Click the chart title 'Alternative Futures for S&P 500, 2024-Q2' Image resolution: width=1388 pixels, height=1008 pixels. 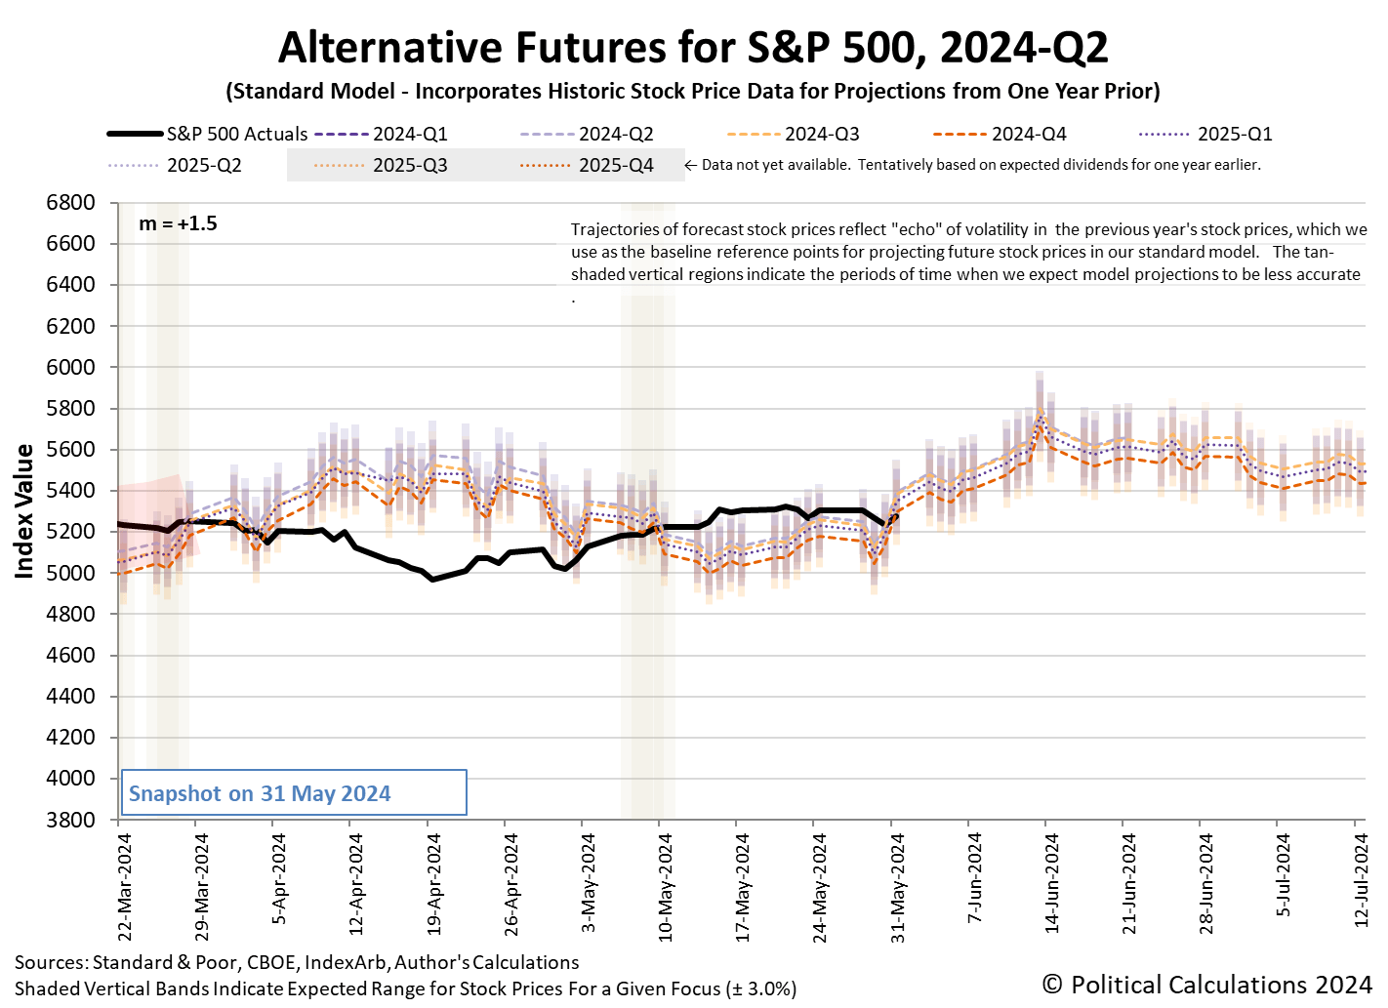click(693, 48)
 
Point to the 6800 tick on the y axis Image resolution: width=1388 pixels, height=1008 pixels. click(70, 203)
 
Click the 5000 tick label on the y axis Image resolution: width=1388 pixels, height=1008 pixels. click(70, 573)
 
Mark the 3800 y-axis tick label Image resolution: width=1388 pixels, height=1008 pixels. click(70, 820)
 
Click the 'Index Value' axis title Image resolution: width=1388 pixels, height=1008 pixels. click(24, 511)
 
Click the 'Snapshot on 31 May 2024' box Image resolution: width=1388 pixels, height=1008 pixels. click(293, 793)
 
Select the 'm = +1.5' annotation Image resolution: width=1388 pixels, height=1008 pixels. click(178, 224)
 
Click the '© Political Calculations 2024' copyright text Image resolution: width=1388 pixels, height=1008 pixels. click(1206, 985)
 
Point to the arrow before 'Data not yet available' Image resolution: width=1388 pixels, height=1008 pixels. click(691, 166)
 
